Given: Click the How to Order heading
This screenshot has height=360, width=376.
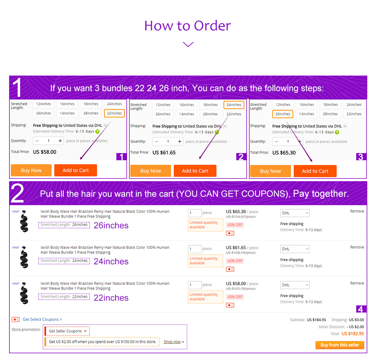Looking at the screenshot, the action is [188, 26].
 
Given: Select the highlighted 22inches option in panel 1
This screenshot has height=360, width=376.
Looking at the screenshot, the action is [114, 113].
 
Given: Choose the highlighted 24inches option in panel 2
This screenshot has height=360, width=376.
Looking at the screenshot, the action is [234, 105].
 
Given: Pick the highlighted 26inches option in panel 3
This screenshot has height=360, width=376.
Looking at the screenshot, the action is [283, 114].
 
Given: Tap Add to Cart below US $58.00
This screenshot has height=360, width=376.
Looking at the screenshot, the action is [76, 170].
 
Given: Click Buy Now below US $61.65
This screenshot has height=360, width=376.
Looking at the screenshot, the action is [150, 171].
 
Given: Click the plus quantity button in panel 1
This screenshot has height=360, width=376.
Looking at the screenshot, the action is [60, 141].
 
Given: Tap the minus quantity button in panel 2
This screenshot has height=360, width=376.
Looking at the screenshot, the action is [157, 141].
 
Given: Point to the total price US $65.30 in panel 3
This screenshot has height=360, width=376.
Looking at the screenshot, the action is [284, 153].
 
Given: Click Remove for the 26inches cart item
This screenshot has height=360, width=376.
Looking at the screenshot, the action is [357, 211].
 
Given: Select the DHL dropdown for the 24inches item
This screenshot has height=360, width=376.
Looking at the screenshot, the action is [295, 249].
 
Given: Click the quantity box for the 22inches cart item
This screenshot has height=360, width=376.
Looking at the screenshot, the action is [194, 285].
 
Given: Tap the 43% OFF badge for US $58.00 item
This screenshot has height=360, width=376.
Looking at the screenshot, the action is [235, 297].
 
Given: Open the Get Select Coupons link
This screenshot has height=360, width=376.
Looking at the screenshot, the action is [42, 319].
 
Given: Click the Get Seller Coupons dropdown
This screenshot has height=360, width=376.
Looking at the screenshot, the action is [67, 331].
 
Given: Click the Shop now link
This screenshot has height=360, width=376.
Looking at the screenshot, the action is [172, 342].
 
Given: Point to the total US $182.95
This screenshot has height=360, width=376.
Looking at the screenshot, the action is [353, 333].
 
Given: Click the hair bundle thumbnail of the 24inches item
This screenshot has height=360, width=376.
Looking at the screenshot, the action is [24, 257].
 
